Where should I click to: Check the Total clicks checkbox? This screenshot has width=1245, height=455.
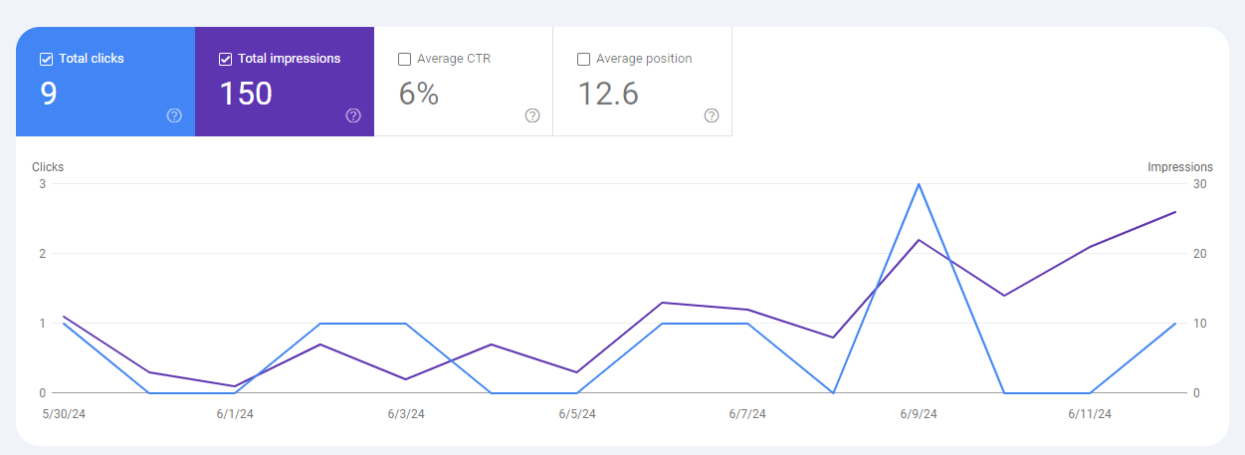[x=46, y=59]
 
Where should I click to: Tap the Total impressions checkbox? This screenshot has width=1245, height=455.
[x=225, y=59]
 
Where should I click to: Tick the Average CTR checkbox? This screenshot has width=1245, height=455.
[x=405, y=59]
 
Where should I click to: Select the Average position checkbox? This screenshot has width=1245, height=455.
[x=583, y=59]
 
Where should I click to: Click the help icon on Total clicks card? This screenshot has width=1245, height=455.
[x=174, y=115]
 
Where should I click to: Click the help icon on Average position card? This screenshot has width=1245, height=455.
[x=712, y=115]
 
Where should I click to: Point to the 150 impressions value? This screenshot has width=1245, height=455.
[x=246, y=94]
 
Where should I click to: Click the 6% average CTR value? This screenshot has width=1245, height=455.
[x=419, y=94]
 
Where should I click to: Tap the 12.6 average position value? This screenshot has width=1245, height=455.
[x=608, y=94]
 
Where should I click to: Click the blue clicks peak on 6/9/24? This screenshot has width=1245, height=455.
[x=919, y=184]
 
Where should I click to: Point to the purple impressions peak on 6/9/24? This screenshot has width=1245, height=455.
[x=919, y=240]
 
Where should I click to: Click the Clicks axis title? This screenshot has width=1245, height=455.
[x=48, y=167]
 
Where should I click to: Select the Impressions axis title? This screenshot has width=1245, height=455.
[x=1180, y=167]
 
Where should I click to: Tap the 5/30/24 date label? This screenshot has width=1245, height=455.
[x=64, y=414]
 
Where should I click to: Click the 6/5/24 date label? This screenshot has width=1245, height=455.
[x=577, y=414]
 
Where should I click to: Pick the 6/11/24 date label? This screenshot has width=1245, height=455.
[x=1090, y=414]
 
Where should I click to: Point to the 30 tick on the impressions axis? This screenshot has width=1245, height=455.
[x=1200, y=184]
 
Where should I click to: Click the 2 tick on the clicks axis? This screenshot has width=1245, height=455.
[x=42, y=254]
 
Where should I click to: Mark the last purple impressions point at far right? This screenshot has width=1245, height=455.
[x=1175, y=212]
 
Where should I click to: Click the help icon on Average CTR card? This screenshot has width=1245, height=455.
[x=532, y=115]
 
